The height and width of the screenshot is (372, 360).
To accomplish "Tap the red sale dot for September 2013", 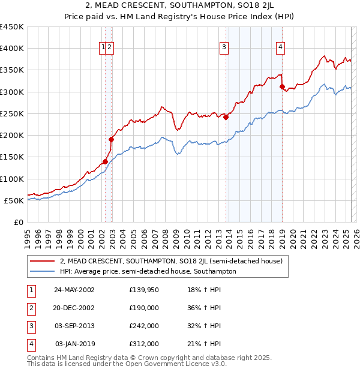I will [226, 118].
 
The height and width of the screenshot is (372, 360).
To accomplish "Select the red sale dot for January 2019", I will [282, 87].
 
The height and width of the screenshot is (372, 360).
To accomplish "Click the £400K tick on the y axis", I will [12, 49].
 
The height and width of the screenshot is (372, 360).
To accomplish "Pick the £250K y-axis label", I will [12, 113].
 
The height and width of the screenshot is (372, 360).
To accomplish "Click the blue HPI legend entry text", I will [148, 271].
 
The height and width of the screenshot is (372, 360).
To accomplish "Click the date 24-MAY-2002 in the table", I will [74, 290].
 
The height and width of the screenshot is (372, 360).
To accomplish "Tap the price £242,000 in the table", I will [143, 326].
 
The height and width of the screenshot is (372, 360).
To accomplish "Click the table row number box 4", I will [31, 344].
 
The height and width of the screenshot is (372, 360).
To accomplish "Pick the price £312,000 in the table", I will [143, 344].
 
